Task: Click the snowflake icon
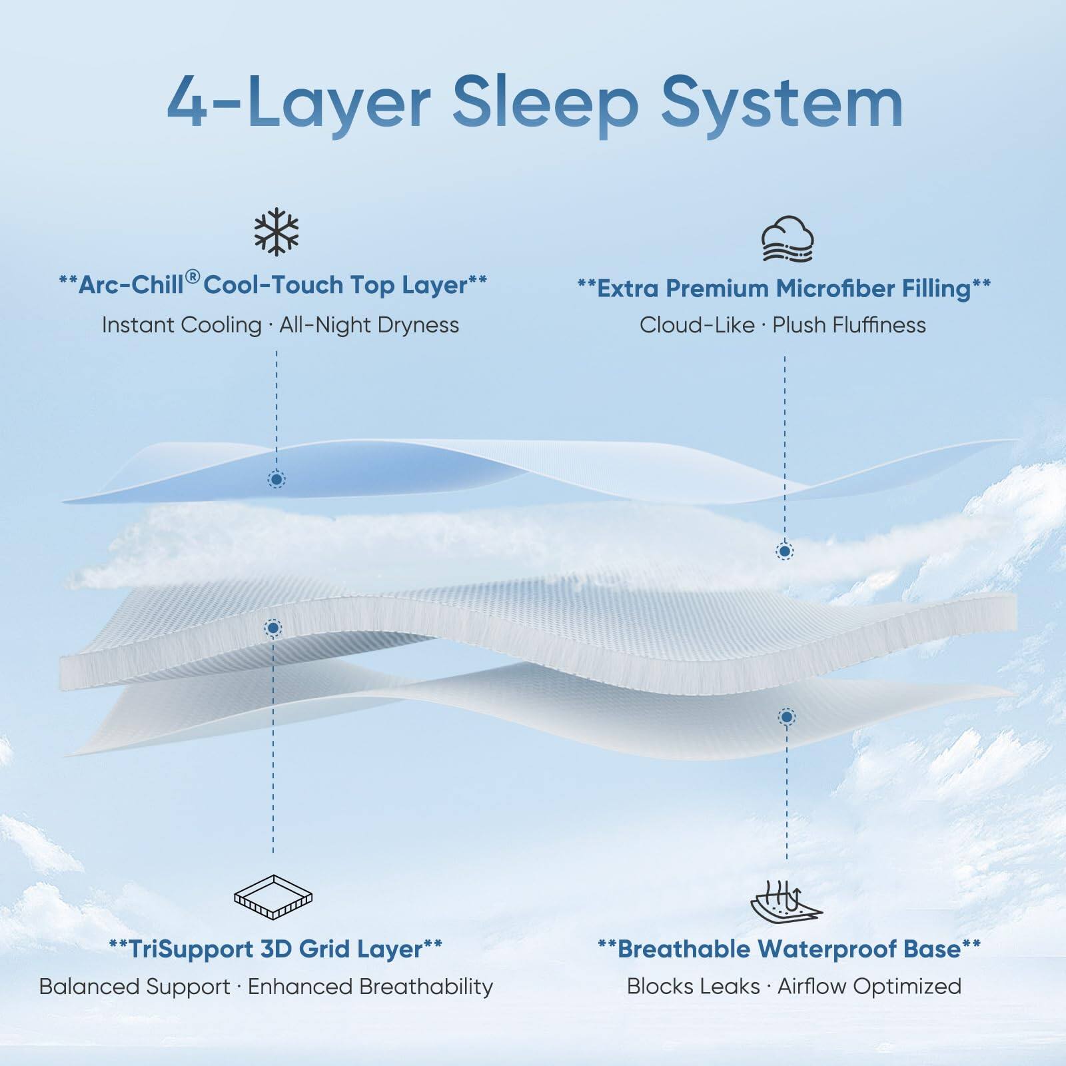coord(276,232)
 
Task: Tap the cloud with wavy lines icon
coord(788,239)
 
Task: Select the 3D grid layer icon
coord(273,896)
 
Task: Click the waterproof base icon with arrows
coord(786,899)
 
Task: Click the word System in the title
coord(782,103)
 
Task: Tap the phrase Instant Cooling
coord(181,325)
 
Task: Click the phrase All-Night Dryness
coord(369,325)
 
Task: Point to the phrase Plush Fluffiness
coord(849,325)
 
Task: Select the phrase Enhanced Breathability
coord(370,986)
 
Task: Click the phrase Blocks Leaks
coord(693,986)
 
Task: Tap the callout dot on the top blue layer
coord(276,479)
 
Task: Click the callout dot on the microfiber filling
coord(785,551)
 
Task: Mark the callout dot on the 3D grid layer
coord(273,627)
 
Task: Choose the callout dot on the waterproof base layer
coord(787,717)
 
